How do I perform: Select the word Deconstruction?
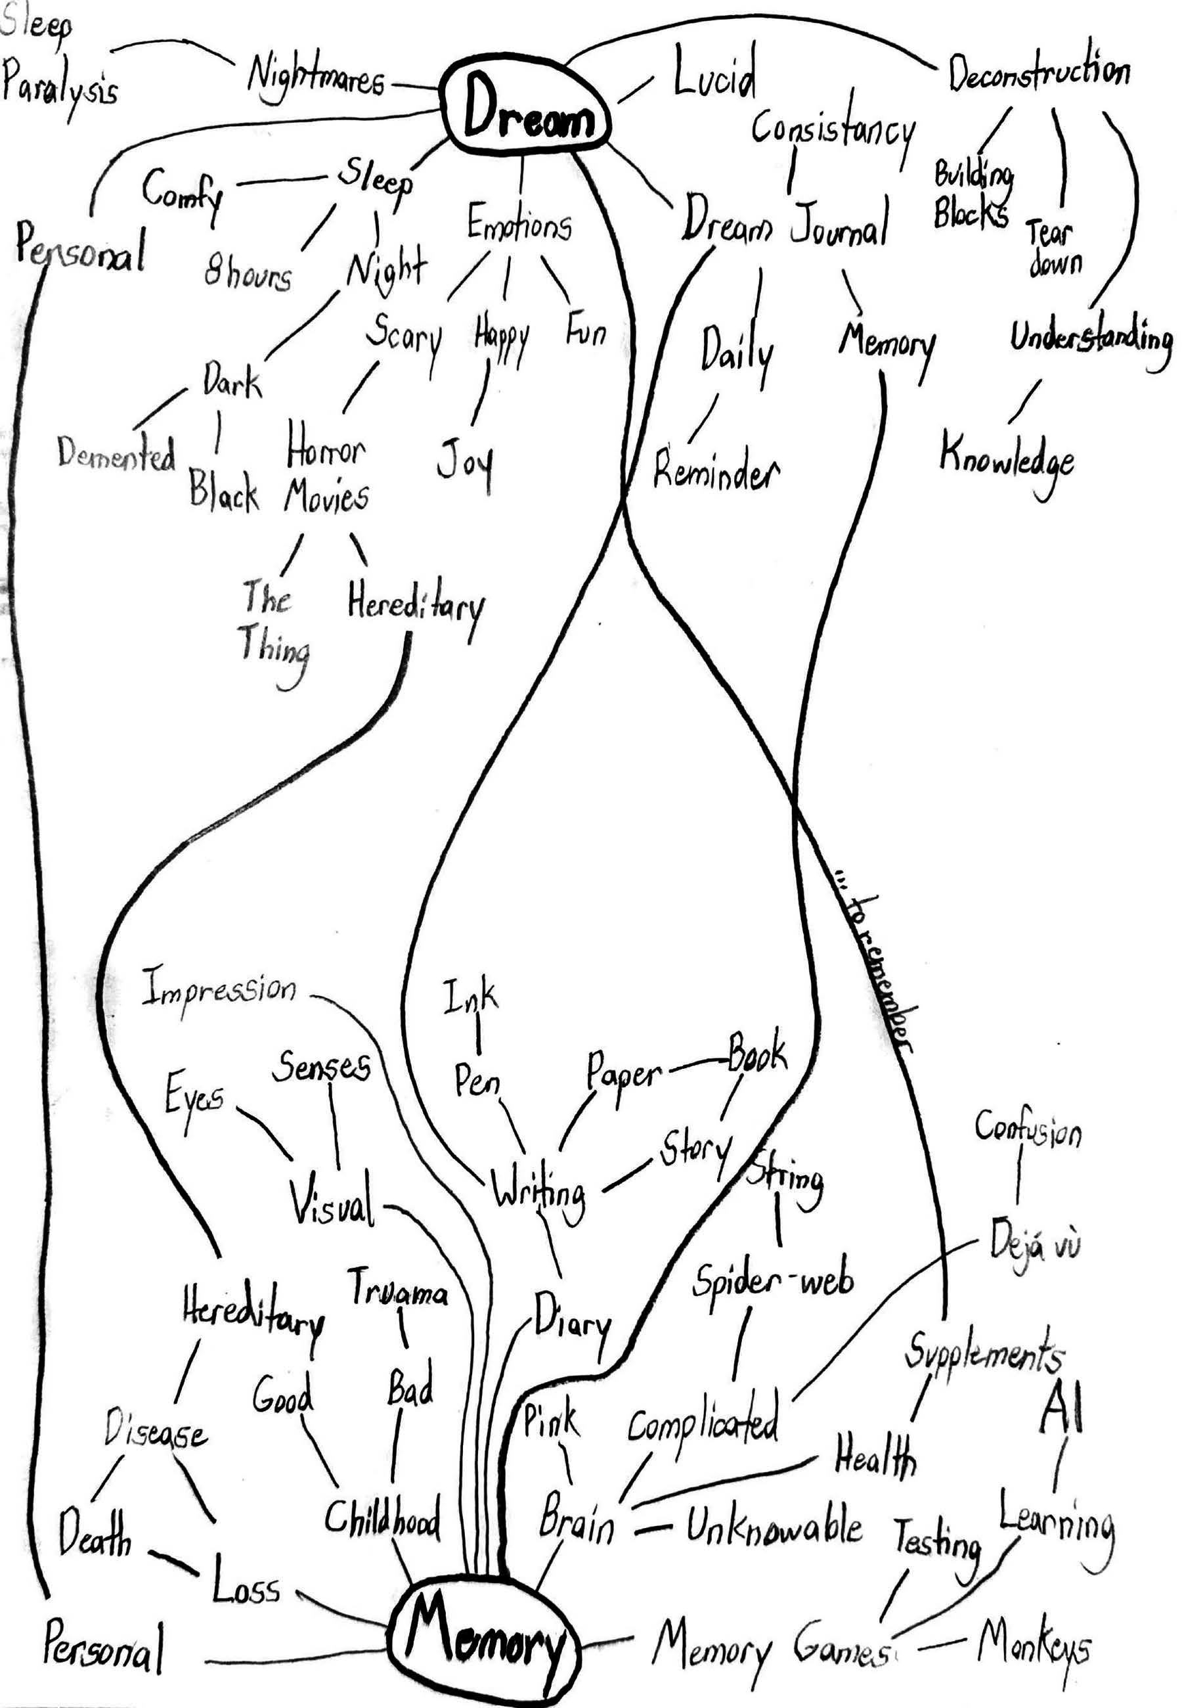point(1039,72)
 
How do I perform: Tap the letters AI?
point(1062,1410)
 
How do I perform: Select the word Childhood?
point(382,1518)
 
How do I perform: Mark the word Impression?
point(219,989)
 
